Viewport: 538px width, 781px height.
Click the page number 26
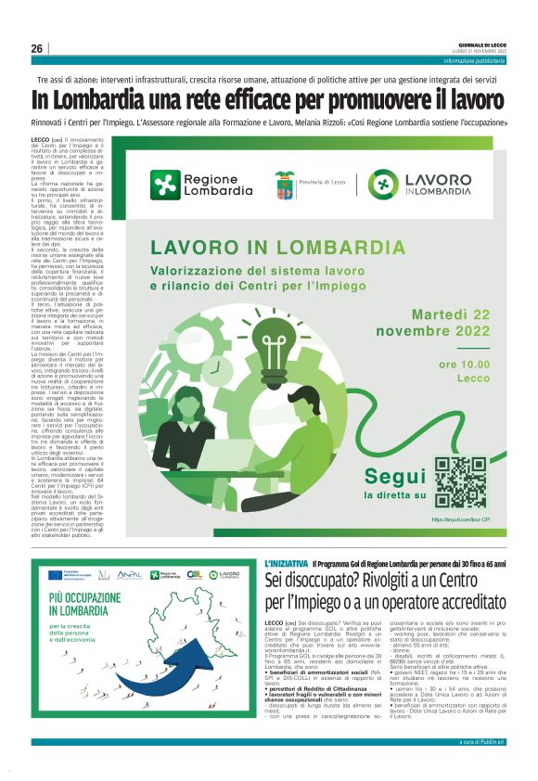point(37,48)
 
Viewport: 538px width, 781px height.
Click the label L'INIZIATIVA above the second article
point(286,564)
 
